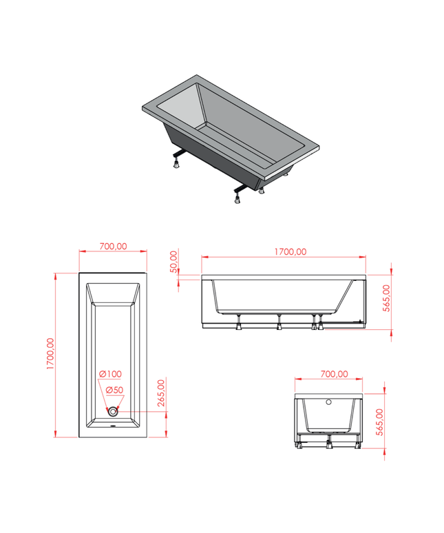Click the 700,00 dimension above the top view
pyautogui.click(x=113, y=246)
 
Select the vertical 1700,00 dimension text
pyautogui.click(x=50, y=353)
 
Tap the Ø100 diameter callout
pyautogui.click(x=110, y=374)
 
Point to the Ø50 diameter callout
pyautogui.click(x=114, y=390)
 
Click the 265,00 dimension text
pyautogui.click(x=161, y=393)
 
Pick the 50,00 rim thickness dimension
pyautogui.click(x=173, y=262)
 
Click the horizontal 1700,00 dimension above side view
pyautogui.click(x=290, y=252)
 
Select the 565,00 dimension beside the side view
pyautogui.click(x=387, y=298)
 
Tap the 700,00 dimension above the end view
pyautogui.click(x=335, y=374)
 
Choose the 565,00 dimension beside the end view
pyautogui.click(x=380, y=422)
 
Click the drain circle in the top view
pyautogui.click(x=113, y=412)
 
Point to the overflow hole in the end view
pyautogui.click(x=328, y=402)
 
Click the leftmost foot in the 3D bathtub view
pyautogui.click(x=177, y=164)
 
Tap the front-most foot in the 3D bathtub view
pyautogui.click(x=237, y=200)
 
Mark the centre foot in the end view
pyautogui.click(x=328, y=444)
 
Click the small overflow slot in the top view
pyautogui.click(x=113, y=426)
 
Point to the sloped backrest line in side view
pyautogui.click(x=345, y=296)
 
